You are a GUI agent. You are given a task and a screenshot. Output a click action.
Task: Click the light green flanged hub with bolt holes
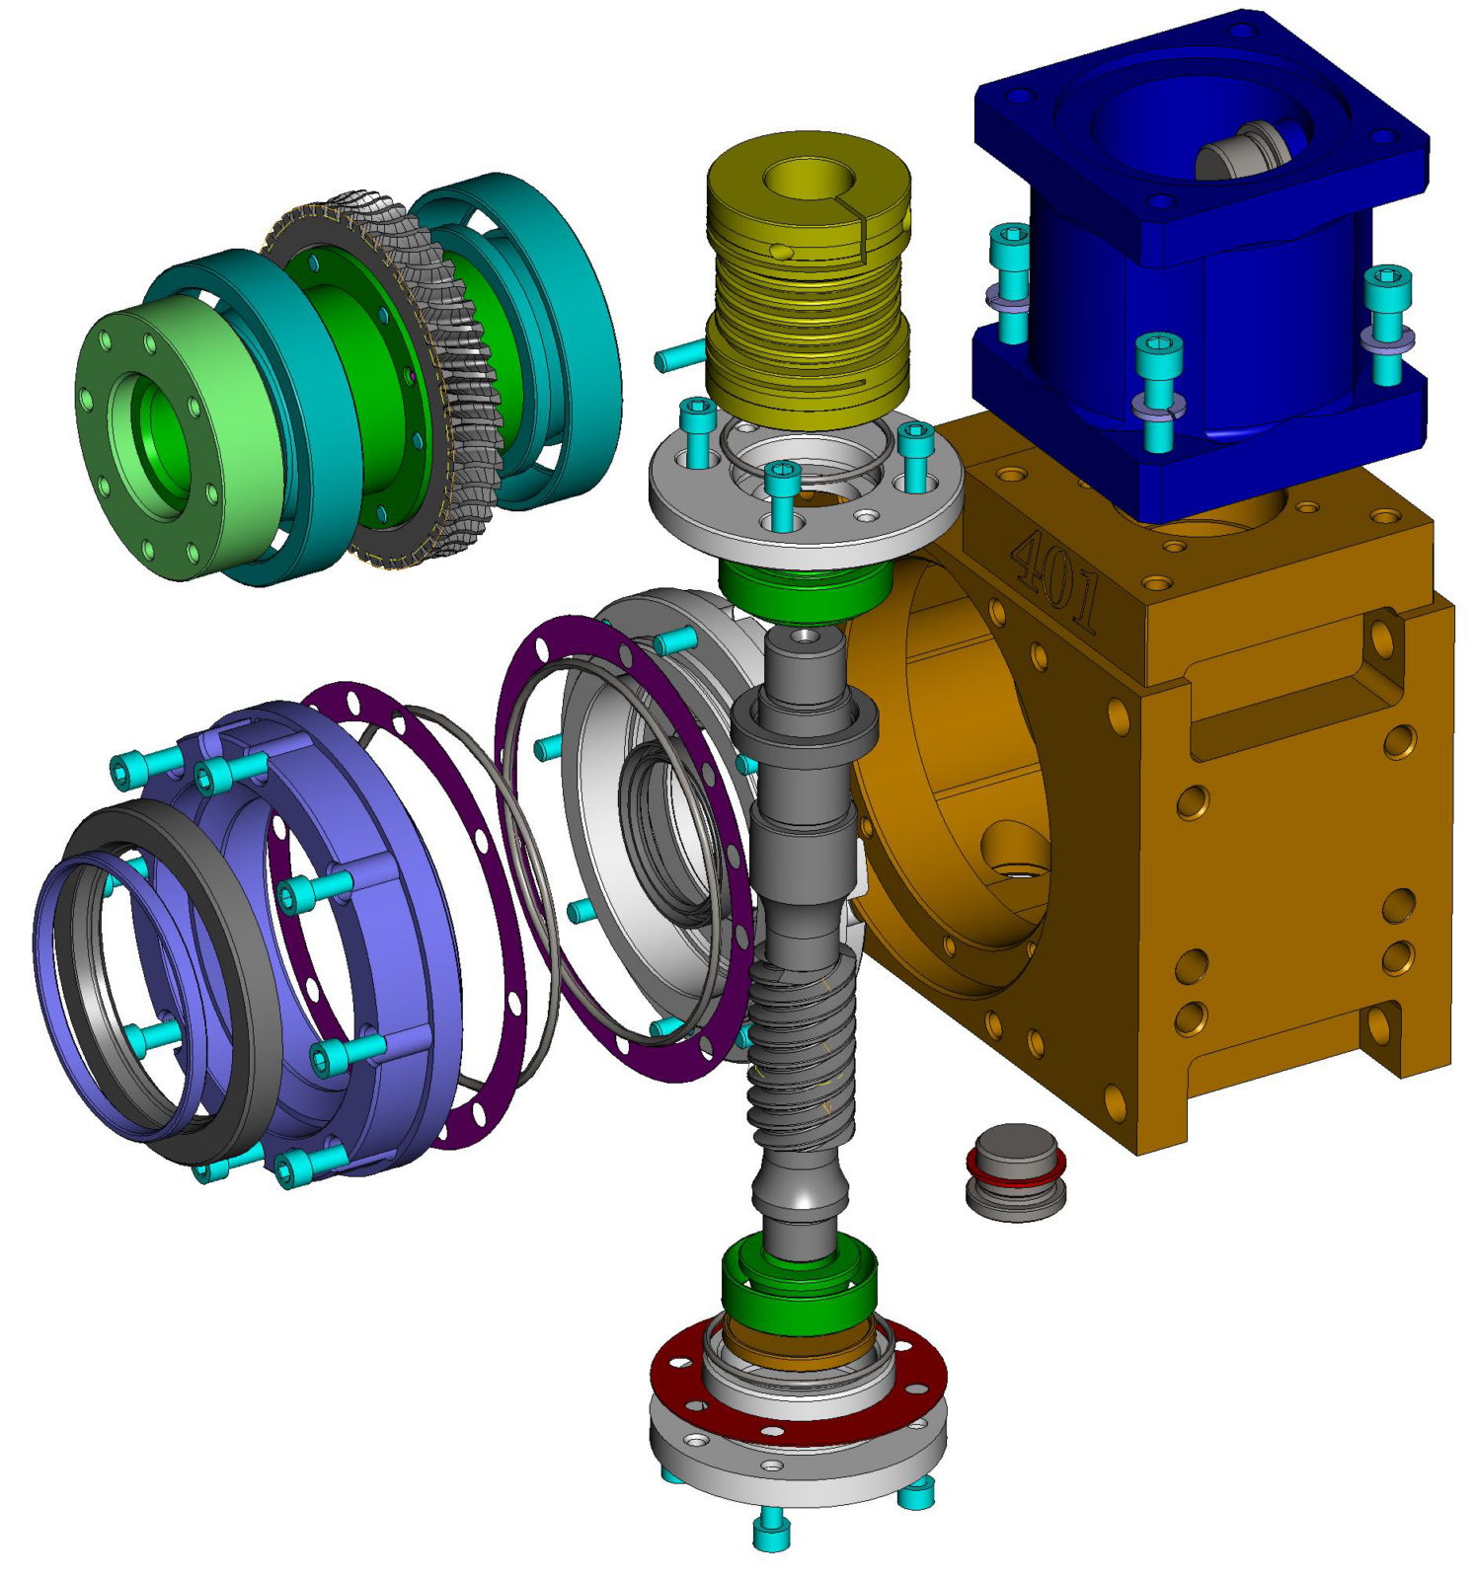tap(163, 439)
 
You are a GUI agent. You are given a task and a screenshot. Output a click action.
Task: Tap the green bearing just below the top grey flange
tap(807, 588)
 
